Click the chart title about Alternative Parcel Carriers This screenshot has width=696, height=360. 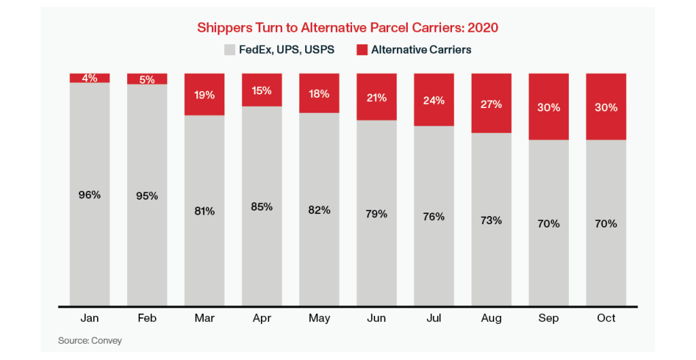point(347,28)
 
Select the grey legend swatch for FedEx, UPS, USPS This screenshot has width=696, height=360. point(229,50)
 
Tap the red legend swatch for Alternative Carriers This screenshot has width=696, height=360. point(362,50)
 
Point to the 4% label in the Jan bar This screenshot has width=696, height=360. point(90,78)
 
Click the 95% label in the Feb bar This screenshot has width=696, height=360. point(147,196)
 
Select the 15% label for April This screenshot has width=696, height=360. point(262,90)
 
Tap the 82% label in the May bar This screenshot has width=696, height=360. point(319,210)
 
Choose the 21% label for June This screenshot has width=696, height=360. point(377,97)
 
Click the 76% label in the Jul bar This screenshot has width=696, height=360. point(434,217)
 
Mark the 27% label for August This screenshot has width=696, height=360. point(491,104)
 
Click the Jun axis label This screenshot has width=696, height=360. point(377,318)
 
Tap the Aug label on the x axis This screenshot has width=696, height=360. point(491,318)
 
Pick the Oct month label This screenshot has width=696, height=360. point(606,318)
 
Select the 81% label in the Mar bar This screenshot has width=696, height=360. point(205,211)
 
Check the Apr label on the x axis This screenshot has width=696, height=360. point(262,318)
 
